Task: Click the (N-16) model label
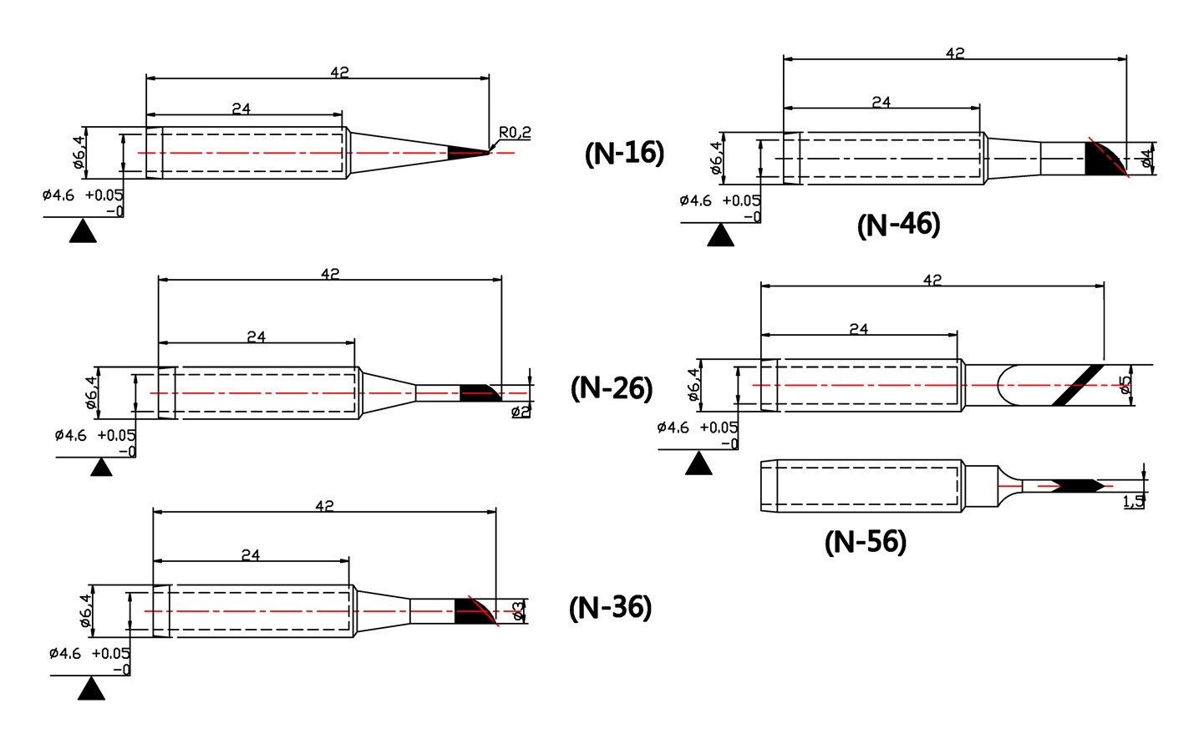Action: (x=625, y=153)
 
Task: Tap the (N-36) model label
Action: (x=611, y=608)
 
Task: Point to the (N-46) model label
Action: (x=899, y=225)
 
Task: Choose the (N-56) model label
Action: (x=866, y=542)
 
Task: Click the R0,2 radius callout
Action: (x=515, y=132)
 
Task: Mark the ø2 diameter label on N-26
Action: (x=521, y=412)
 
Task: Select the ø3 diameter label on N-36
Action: (x=518, y=611)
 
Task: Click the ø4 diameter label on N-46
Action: (x=1146, y=159)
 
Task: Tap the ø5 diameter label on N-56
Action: (x=1125, y=385)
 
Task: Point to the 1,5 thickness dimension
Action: (x=1134, y=502)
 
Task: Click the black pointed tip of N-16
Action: (x=468, y=153)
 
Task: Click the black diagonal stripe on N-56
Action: (x=1077, y=385)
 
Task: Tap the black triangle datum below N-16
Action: (x=83, y=231)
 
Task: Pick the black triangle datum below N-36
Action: (x=91, y=689)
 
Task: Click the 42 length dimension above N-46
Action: (x=955, y=53)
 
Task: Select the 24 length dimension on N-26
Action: (x=257, y=337)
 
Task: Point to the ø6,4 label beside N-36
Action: (x=86, y=611)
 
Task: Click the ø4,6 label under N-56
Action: (x=673, y=428)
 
